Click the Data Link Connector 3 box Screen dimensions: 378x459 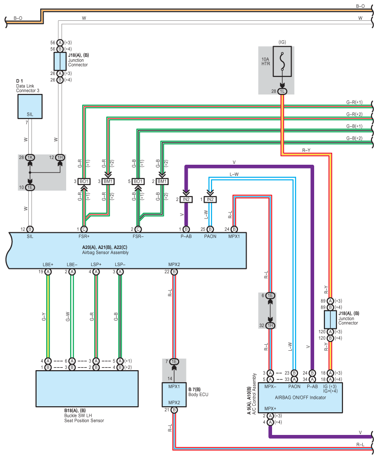(x=30, y=106)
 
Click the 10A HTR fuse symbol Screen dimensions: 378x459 (x=282, y=62)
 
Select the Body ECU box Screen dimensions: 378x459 (x=174, y=395)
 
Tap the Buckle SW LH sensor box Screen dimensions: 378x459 (x=87, y=389)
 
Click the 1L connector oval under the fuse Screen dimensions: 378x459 (x=282, y=91)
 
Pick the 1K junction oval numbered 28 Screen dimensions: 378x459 (x=30, y=157)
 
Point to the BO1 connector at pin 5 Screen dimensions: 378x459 (x=138, y=181)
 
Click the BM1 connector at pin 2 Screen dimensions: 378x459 (x=162, y=181)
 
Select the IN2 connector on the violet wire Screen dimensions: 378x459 (x=186, y=199)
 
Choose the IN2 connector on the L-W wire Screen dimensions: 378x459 (x=210, y=199)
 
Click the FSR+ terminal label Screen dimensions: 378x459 (x=84, y=236)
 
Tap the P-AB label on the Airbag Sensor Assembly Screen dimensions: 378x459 (x=186, y=236)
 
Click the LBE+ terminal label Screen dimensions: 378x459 (x=48, y=264)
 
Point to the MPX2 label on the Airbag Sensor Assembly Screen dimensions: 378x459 (x=174, y=264)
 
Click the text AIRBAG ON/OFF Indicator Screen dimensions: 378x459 (x=300, y=397)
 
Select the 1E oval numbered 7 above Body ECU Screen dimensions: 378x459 (x=174, y=361)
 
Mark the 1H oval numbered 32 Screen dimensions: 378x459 (x=270, y=326)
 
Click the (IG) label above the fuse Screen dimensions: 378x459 (x=282, y=42)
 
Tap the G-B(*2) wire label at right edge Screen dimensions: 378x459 (x=354, y=138)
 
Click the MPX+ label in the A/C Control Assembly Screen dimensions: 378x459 (x=270, y=409)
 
